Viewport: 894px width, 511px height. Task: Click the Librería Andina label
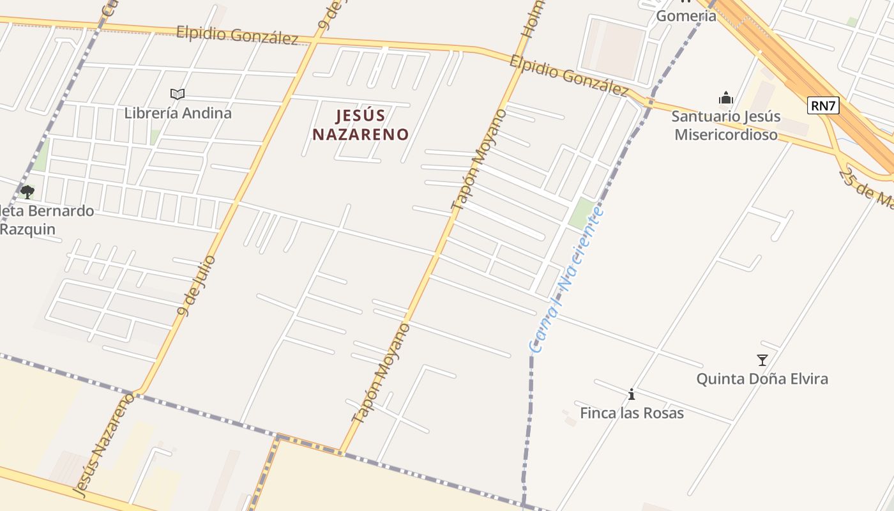click(x=178, y=113)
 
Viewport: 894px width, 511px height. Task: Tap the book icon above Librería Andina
click(x=178, y=95)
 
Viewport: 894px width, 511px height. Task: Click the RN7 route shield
click(x=822, y=105)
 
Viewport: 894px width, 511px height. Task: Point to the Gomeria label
click(x=686, y=15)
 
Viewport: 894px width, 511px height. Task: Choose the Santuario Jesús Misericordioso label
click(x=726, y=126)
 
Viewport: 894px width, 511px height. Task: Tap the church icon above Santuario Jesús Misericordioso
click(x=725, y=98)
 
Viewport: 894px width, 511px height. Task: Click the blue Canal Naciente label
click(x=565, y=279)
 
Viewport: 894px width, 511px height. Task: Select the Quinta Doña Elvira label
click(x=762, y=379)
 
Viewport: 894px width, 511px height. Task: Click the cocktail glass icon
click(x=762, y=360)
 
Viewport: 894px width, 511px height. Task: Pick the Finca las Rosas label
click(x=632, y=413)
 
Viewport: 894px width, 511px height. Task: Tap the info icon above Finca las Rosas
click(x=632, y=395)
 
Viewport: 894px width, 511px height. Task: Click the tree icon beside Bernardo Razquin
click(x=27, y=192)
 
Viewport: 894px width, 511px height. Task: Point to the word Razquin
click(x=28, y=229)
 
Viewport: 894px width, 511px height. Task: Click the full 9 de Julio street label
click(x=197, y=285)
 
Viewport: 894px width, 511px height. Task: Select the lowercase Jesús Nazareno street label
click(x=103, y=445)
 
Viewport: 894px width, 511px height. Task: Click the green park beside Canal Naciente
click(x=581, y=213)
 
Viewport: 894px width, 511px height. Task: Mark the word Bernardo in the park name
click(x=61, y=211)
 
